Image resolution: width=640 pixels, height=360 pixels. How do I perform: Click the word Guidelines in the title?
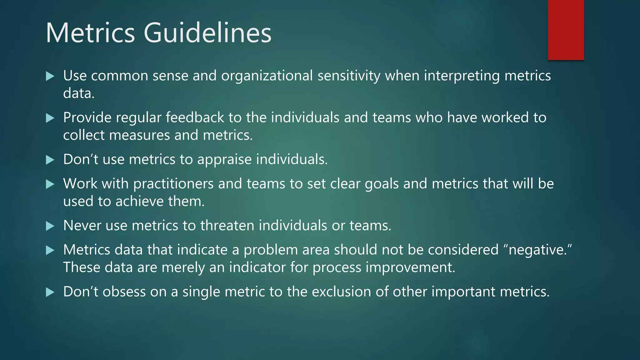207,33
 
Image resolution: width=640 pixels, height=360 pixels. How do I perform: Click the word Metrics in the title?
90,33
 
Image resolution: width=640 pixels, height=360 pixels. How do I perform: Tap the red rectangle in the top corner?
566,30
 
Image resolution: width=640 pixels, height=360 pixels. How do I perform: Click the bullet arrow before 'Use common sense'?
50,76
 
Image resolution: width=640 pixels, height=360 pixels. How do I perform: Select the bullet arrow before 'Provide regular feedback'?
50,118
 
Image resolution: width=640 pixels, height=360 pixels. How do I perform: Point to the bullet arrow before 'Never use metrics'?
50,226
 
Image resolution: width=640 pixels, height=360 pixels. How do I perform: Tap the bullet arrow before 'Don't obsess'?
50,292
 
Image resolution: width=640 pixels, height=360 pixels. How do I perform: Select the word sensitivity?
349,76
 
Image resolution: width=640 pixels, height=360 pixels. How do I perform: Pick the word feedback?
195,118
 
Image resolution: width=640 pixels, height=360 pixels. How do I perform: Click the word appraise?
224,160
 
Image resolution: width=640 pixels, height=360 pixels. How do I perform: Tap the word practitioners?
173,184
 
